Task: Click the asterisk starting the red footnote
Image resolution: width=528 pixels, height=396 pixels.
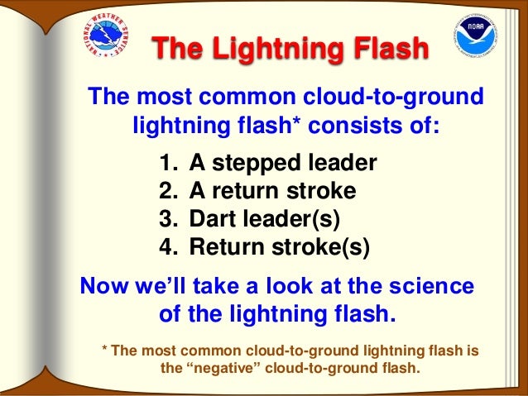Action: click(104, 349)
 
